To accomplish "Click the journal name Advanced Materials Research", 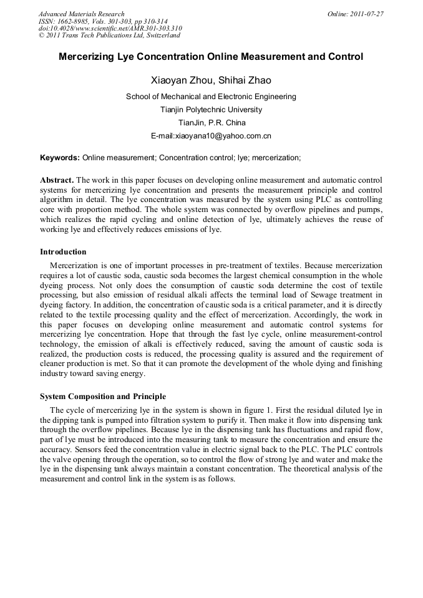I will (81, 14).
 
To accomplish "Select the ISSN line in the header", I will (102, 21).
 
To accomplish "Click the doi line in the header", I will (110, 29).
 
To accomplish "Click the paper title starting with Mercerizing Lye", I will (211, 57).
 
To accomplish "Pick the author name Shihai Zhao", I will (245, 80).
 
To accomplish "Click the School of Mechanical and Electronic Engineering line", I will (211, 97).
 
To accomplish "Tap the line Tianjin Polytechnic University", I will (211, 110).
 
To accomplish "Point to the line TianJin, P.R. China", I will (211, 123).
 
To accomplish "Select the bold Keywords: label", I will (59, 158).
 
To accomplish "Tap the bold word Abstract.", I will (56, 180).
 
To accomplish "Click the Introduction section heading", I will (63, 252).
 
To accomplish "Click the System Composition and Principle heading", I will (103, 397).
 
